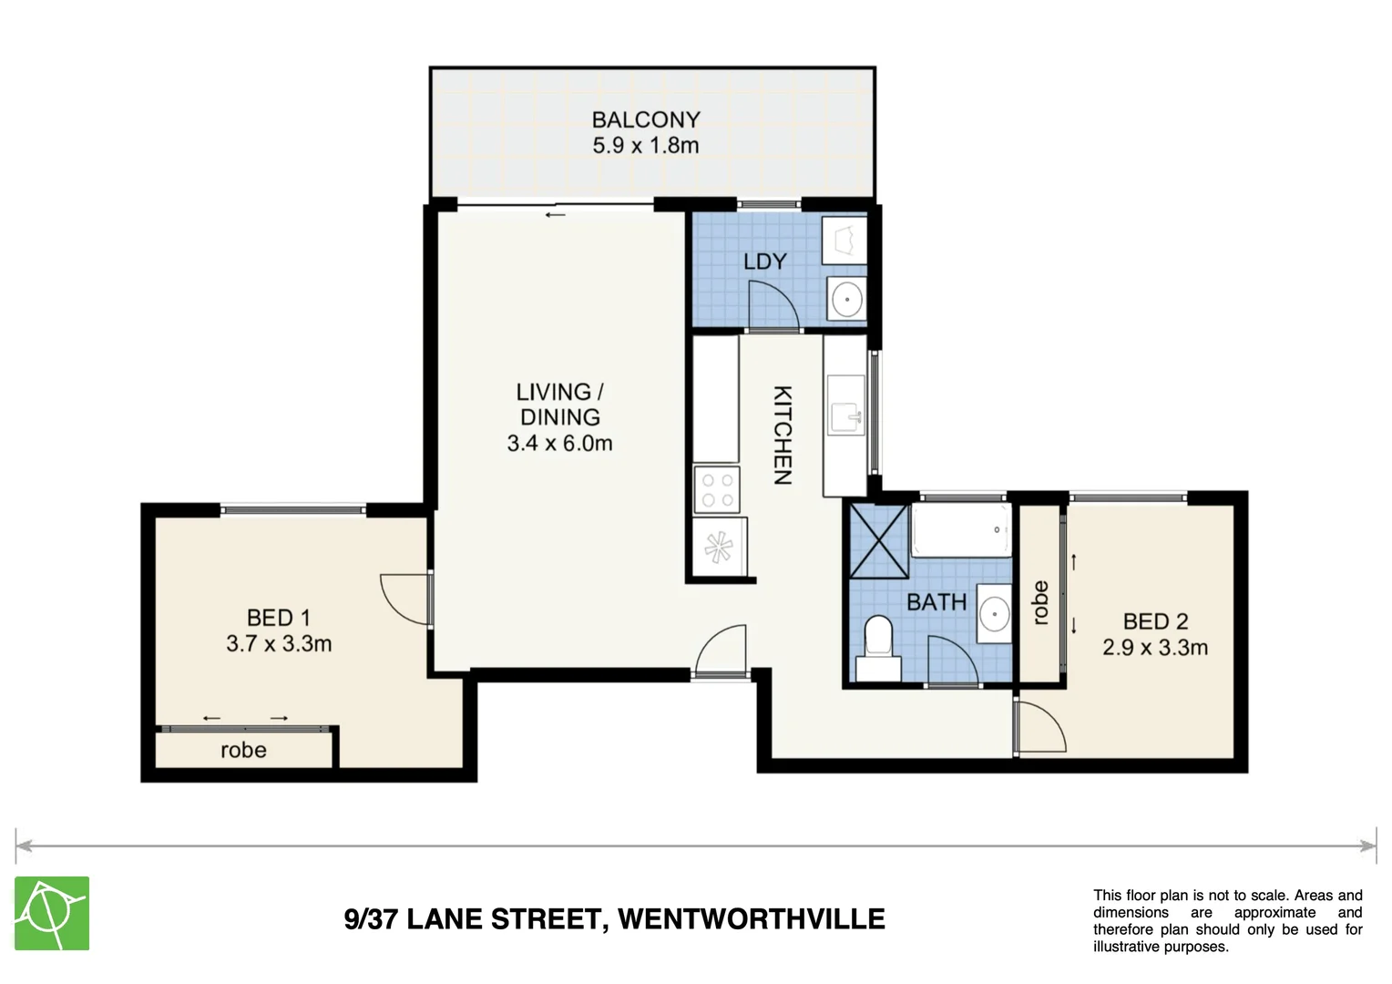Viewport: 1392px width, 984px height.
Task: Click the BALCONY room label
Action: [645, 119]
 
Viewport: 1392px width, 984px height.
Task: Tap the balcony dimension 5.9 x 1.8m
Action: [645, 146]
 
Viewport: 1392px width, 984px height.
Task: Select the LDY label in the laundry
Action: [764, 261]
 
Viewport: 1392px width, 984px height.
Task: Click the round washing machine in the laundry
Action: [847, 299]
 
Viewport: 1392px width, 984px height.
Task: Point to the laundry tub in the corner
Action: [845, 239]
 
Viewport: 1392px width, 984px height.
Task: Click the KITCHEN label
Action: [782, 435]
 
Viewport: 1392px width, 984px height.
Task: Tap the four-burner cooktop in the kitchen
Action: [716, 489]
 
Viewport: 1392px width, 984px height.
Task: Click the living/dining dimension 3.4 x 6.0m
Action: [559, 444]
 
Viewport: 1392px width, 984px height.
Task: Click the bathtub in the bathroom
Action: [961, 529]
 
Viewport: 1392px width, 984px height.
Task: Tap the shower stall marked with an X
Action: [879, 540]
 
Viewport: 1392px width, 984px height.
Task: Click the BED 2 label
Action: [1155, 621]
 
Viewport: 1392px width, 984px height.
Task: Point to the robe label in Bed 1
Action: [243, 751]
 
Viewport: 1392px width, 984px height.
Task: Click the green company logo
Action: [52, 913]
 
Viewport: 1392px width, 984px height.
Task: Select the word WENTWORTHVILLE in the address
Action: [752, 918]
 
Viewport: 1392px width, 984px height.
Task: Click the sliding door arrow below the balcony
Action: [555, 215]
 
